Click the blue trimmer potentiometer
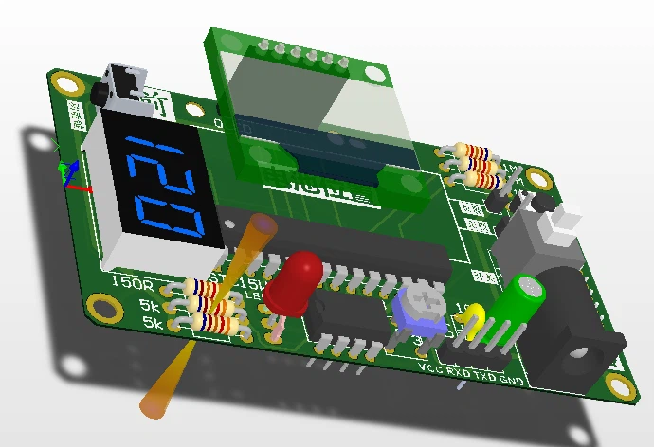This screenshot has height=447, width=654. (x=421, y=308)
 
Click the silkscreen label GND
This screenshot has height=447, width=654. (x=512, y=380)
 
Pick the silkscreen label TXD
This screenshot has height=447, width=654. (x=484, y=375)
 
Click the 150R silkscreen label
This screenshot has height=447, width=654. (x=129, y=282)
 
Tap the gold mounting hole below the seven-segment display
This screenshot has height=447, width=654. (x=100, y=306)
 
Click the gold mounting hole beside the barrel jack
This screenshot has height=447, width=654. (x=620, y=385)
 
